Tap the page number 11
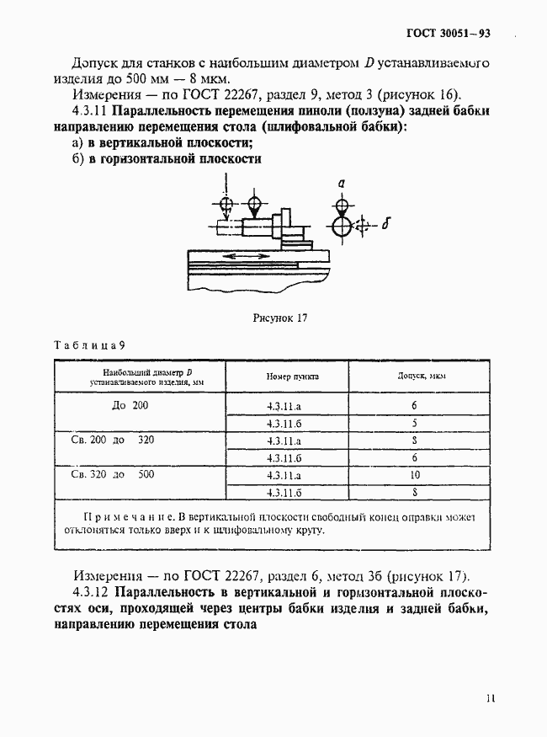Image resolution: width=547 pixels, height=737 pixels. tap(491, 698)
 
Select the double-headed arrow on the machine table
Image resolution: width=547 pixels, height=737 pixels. tap(242, 254)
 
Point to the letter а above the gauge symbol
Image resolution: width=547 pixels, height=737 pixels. tap(340, 183)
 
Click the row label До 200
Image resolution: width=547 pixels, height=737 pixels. tap(130, 405)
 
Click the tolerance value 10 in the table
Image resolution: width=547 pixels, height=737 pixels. tap(414, 475)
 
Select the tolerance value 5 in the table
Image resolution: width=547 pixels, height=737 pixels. tap(414, 423)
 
